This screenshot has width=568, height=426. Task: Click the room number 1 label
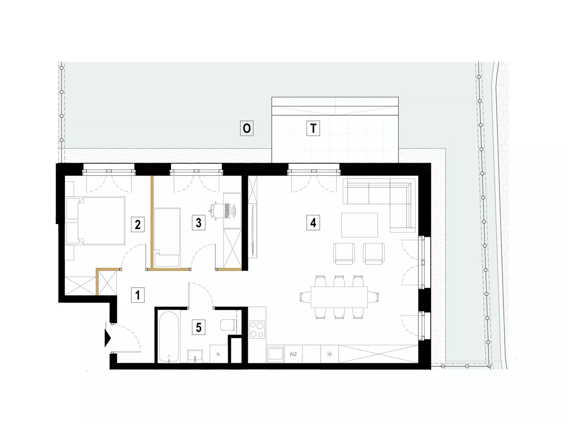click(138, 295)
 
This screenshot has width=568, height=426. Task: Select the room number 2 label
click(138, 224)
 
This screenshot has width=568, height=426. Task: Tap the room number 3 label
click(198, 223)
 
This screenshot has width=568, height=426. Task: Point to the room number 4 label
click(313, 223)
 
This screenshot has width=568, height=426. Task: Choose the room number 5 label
click(198, 327)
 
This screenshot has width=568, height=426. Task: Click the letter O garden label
click(247, 128)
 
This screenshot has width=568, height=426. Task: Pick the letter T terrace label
click(313, 128)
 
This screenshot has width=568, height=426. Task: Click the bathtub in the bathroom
click(168, 336)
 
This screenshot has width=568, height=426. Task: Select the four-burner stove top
click(257, 330)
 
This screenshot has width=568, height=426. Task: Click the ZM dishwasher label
click(293, 354)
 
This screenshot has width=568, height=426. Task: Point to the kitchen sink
click(275, 354)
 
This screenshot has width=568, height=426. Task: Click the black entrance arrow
click(108, 338)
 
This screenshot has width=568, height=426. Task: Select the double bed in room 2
click(95, 221)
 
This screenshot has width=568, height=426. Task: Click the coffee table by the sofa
click(359, 225)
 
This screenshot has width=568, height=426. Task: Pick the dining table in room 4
click(339, 297)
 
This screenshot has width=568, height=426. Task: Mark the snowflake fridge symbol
click(329, 354)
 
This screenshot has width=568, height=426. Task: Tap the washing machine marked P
click(219, 354)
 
